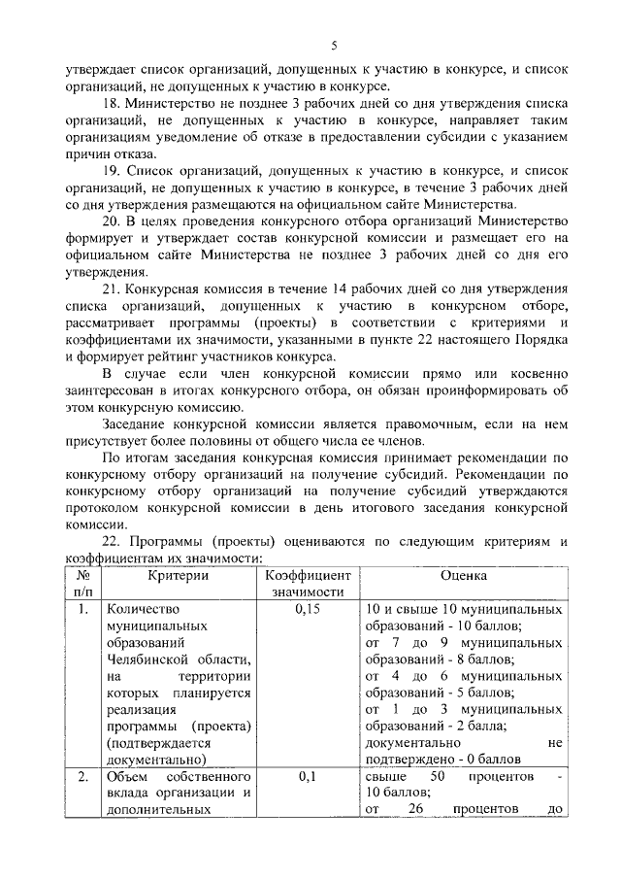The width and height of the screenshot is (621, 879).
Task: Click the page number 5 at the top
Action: (334, 46)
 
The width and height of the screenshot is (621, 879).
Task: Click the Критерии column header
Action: (179, 575)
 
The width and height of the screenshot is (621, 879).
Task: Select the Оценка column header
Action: (463, 575)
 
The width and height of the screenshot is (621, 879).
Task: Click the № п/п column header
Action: (82, 583)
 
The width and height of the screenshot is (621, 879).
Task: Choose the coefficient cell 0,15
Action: (308, 609)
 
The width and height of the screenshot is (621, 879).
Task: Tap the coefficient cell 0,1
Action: (308, 777)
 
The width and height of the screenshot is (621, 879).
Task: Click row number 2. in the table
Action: (83, 777)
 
